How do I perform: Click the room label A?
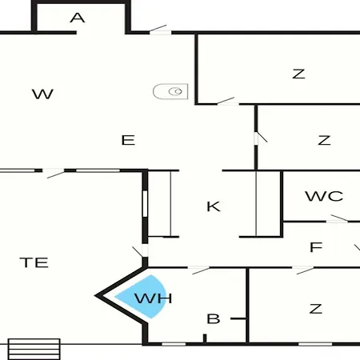(x=78, y=18)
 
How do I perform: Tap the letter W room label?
(x=42, y=94)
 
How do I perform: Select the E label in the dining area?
(x=128, y=140)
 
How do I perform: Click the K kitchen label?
(x=214, y=206)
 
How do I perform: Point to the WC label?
(x=324, y=196)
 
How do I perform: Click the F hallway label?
(x=316, y=247)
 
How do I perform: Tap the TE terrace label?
(x=34, y=262)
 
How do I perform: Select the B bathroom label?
(x=214, y=319)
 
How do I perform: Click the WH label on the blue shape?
(x=154, y=298)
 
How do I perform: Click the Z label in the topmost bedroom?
(x=298, y=74)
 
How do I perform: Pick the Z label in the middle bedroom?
(x=324, y=140)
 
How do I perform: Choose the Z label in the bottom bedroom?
(x=316, y=309)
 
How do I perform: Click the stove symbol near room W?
(x=170, y=91)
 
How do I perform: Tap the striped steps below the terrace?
(x=34, y=349)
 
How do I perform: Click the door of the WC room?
(x=337, y=218)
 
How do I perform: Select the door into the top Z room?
(x=226, y=101)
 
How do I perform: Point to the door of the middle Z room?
(x=260, y=138)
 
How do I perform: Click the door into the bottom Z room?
(x=303, y=270)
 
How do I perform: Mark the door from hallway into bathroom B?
(x=199, y=270)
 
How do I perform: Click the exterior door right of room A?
(x=160, y=30)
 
